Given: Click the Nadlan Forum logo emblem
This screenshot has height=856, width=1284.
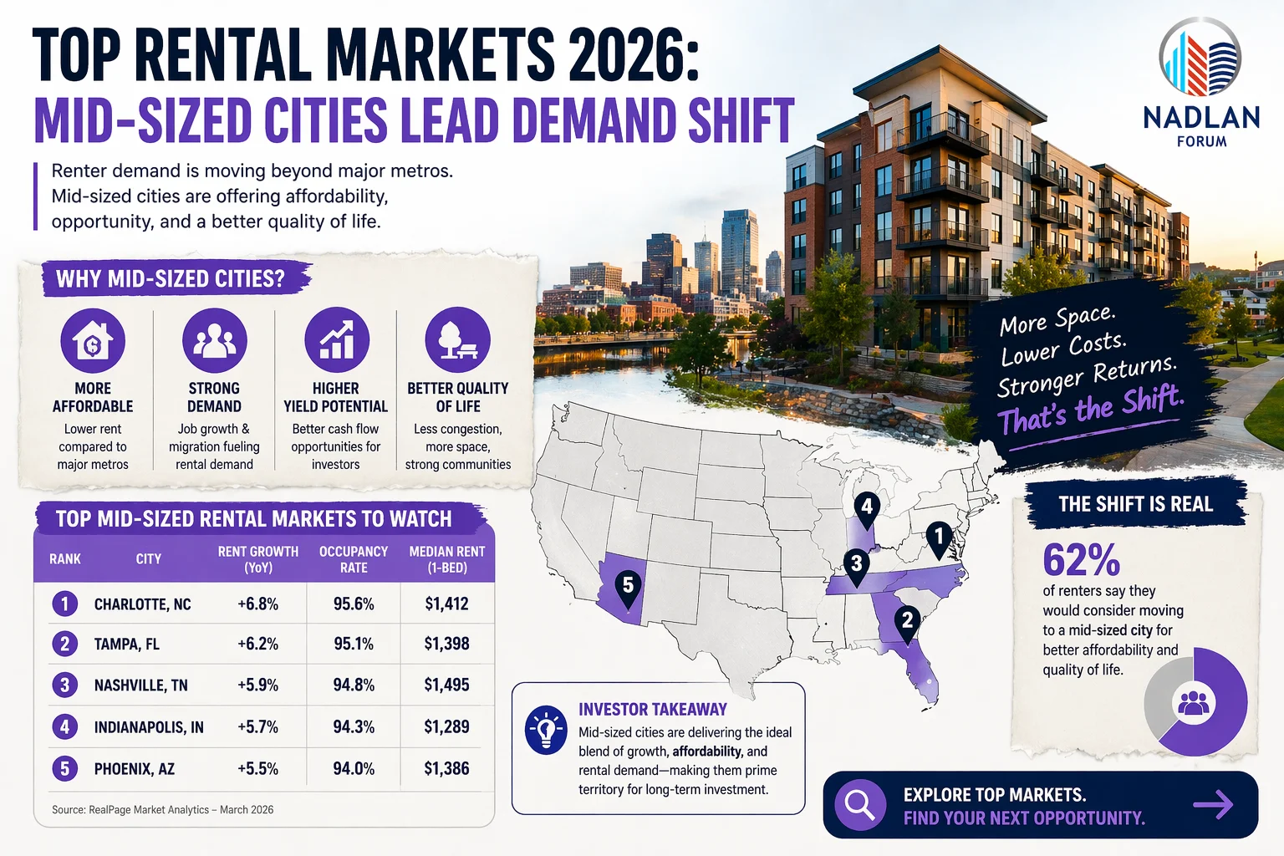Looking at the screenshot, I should coord(1200,58).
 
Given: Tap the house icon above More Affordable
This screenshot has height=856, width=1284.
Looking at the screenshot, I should coord(93,340).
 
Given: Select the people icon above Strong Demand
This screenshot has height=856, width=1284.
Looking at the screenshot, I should coord(215,340).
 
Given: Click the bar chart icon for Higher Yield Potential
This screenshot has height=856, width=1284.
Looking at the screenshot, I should coord(336,340).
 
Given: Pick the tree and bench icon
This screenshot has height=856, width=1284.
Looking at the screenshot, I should coord(457,340).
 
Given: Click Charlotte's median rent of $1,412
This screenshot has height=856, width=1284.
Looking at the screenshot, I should coord(446,604).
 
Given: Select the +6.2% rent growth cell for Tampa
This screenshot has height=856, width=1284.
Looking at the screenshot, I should coord(257,644).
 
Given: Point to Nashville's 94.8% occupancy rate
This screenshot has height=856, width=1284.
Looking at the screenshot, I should coord(354,685).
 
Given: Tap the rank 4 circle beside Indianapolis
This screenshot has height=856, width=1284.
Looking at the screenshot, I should coord(64,726).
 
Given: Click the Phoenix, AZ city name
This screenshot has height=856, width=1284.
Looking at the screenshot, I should coord(135,768).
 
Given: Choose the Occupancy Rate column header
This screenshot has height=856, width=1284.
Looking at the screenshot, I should coord(354,559).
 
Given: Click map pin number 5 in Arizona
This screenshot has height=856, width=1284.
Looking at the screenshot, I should coord(628,588).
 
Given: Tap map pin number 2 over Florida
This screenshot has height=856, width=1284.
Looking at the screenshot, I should coord(907,623).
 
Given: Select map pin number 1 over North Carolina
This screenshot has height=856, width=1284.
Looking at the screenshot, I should coord(939,538).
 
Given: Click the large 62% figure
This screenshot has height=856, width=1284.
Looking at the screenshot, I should coord(1081,560).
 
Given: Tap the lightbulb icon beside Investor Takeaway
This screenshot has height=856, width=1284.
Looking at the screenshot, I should coord(546,730).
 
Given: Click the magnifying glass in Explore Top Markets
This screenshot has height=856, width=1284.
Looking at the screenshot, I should coord(859,805).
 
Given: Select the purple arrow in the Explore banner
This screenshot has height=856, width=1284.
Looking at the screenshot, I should coord(1213,805).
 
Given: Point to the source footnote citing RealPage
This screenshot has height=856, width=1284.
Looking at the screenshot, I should coord(162,809).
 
